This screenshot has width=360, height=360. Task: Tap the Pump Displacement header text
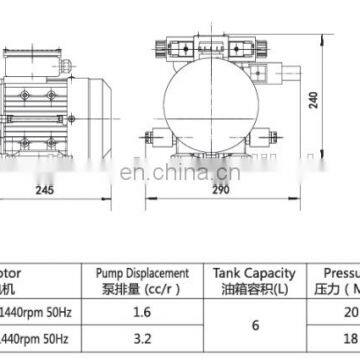coord(141,271)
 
